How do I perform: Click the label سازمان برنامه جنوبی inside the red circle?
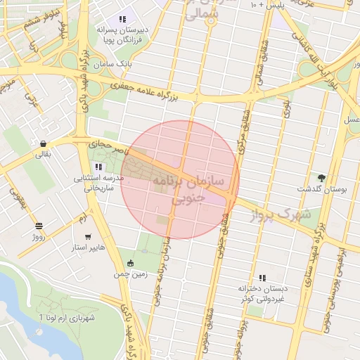186,190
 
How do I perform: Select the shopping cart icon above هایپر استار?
87,237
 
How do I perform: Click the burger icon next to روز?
38,226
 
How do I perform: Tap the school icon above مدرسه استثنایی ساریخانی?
98,167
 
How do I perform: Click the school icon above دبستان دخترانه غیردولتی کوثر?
262,278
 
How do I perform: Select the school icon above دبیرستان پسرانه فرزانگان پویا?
122,20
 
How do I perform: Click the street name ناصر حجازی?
105,143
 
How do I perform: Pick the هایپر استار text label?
88,249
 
